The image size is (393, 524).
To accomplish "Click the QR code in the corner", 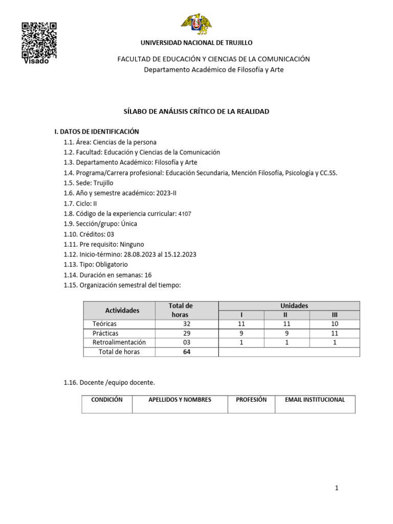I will [39, 40].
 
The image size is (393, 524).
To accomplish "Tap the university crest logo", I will [196, 24].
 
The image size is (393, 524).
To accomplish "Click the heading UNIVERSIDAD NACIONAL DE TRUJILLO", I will [196, 43].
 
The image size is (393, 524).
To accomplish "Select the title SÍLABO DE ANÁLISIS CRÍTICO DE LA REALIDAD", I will [196, 112].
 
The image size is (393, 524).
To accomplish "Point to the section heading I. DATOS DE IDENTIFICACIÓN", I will [97, 132].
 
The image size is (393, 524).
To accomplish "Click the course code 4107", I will [185, 214].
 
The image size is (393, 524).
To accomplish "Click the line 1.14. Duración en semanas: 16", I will [107, 275].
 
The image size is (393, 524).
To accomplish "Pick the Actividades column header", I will [122, 310].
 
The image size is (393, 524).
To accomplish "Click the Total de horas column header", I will [181, 310].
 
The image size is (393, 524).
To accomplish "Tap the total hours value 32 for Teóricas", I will [186, 324].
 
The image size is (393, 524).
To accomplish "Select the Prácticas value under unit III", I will [335, 333].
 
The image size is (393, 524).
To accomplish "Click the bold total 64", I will [186, 352].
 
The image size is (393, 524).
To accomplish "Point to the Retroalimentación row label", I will [119, 342].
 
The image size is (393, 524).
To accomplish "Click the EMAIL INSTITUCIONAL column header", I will [315, 400].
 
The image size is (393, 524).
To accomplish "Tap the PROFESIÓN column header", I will [251, 400].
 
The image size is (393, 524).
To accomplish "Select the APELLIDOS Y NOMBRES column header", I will [180, 400].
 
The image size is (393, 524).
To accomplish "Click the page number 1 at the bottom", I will [337, 488].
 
